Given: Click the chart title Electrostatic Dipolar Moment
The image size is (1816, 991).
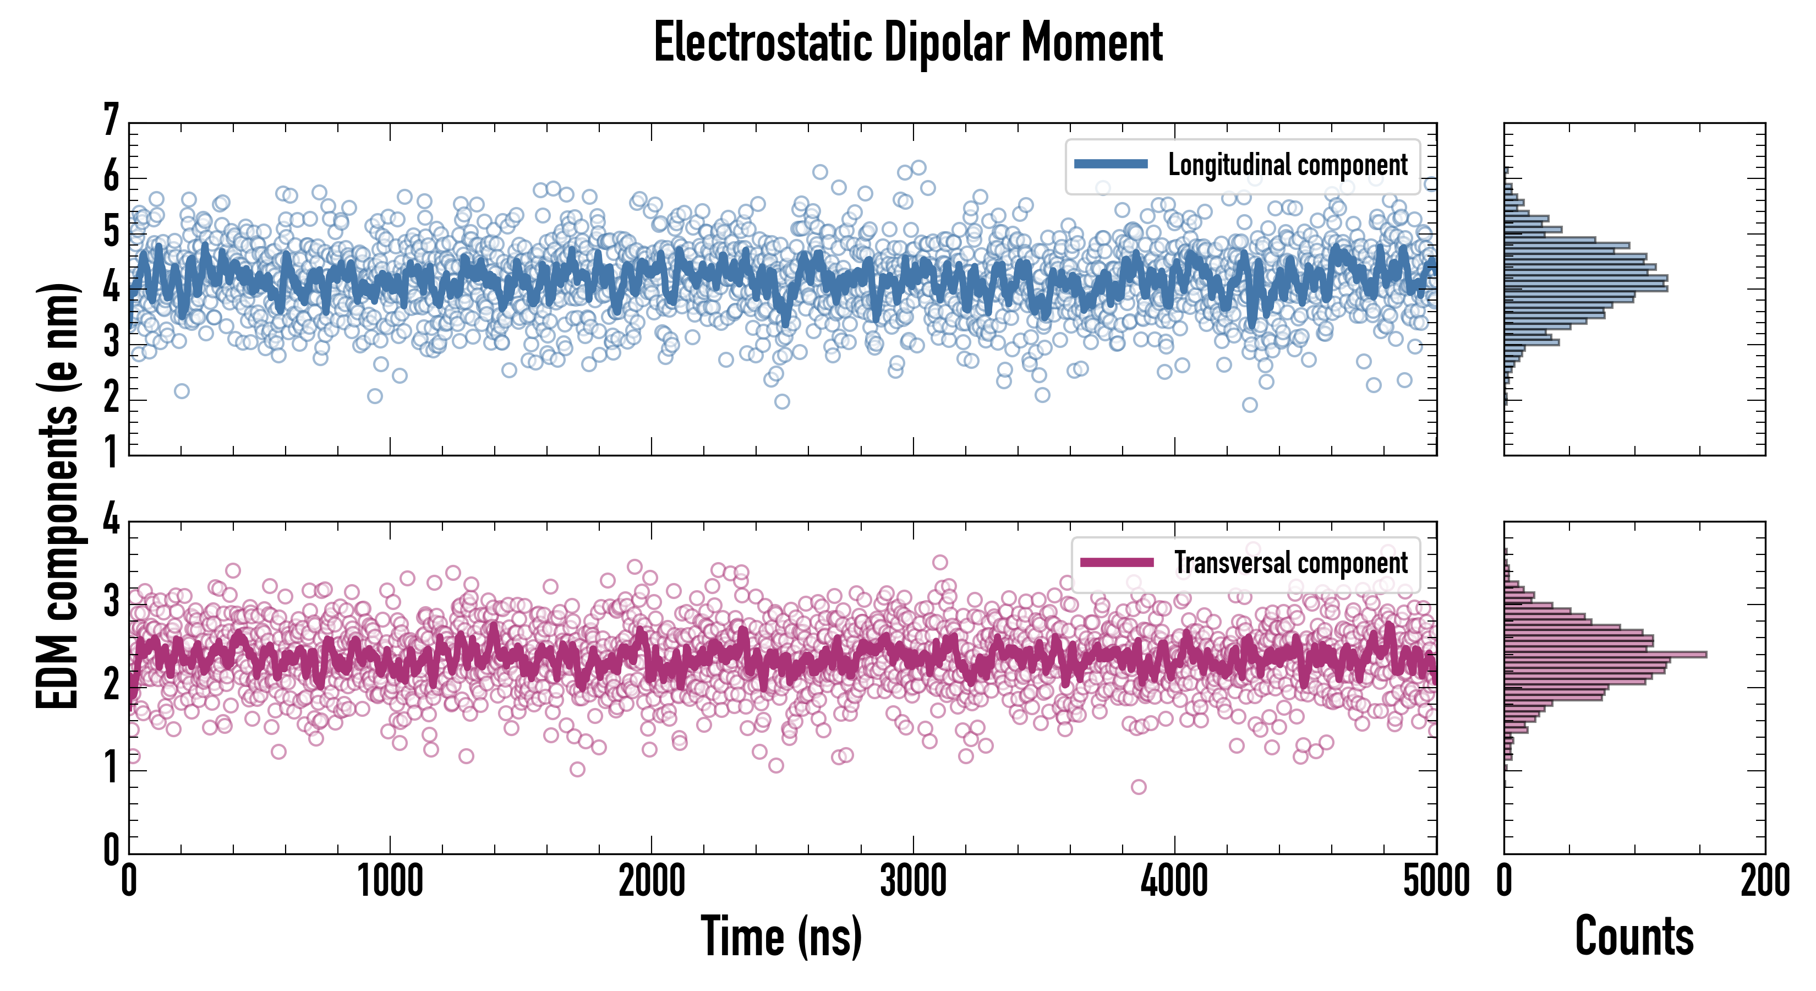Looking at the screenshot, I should [908, 42].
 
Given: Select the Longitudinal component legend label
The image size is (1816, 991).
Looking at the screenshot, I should [1287, 165].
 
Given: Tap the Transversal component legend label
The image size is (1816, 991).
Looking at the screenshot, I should [1290, 563].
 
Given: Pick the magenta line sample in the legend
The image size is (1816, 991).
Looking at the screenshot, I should [1117, 562].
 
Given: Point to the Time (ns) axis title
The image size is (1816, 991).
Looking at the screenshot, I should [781, 936].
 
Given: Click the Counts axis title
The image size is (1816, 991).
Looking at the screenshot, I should [1634, 936].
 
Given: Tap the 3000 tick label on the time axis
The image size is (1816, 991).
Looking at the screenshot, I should [913, 881].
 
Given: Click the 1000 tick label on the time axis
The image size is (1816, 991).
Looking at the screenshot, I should [390, 881].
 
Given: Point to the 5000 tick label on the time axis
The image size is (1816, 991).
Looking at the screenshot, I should [1436, 881].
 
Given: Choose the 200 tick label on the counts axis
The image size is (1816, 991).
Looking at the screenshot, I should [1764, 881].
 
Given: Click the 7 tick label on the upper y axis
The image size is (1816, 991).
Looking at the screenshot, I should [111, 120].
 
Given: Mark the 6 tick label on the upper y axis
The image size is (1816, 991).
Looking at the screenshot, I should [111, 176].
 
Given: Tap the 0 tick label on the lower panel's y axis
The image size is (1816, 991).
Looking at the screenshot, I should [111, 850].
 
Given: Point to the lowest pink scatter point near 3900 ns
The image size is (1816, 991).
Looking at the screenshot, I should [1138, 786].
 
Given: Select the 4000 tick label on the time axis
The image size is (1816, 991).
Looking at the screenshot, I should [1174, 881].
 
